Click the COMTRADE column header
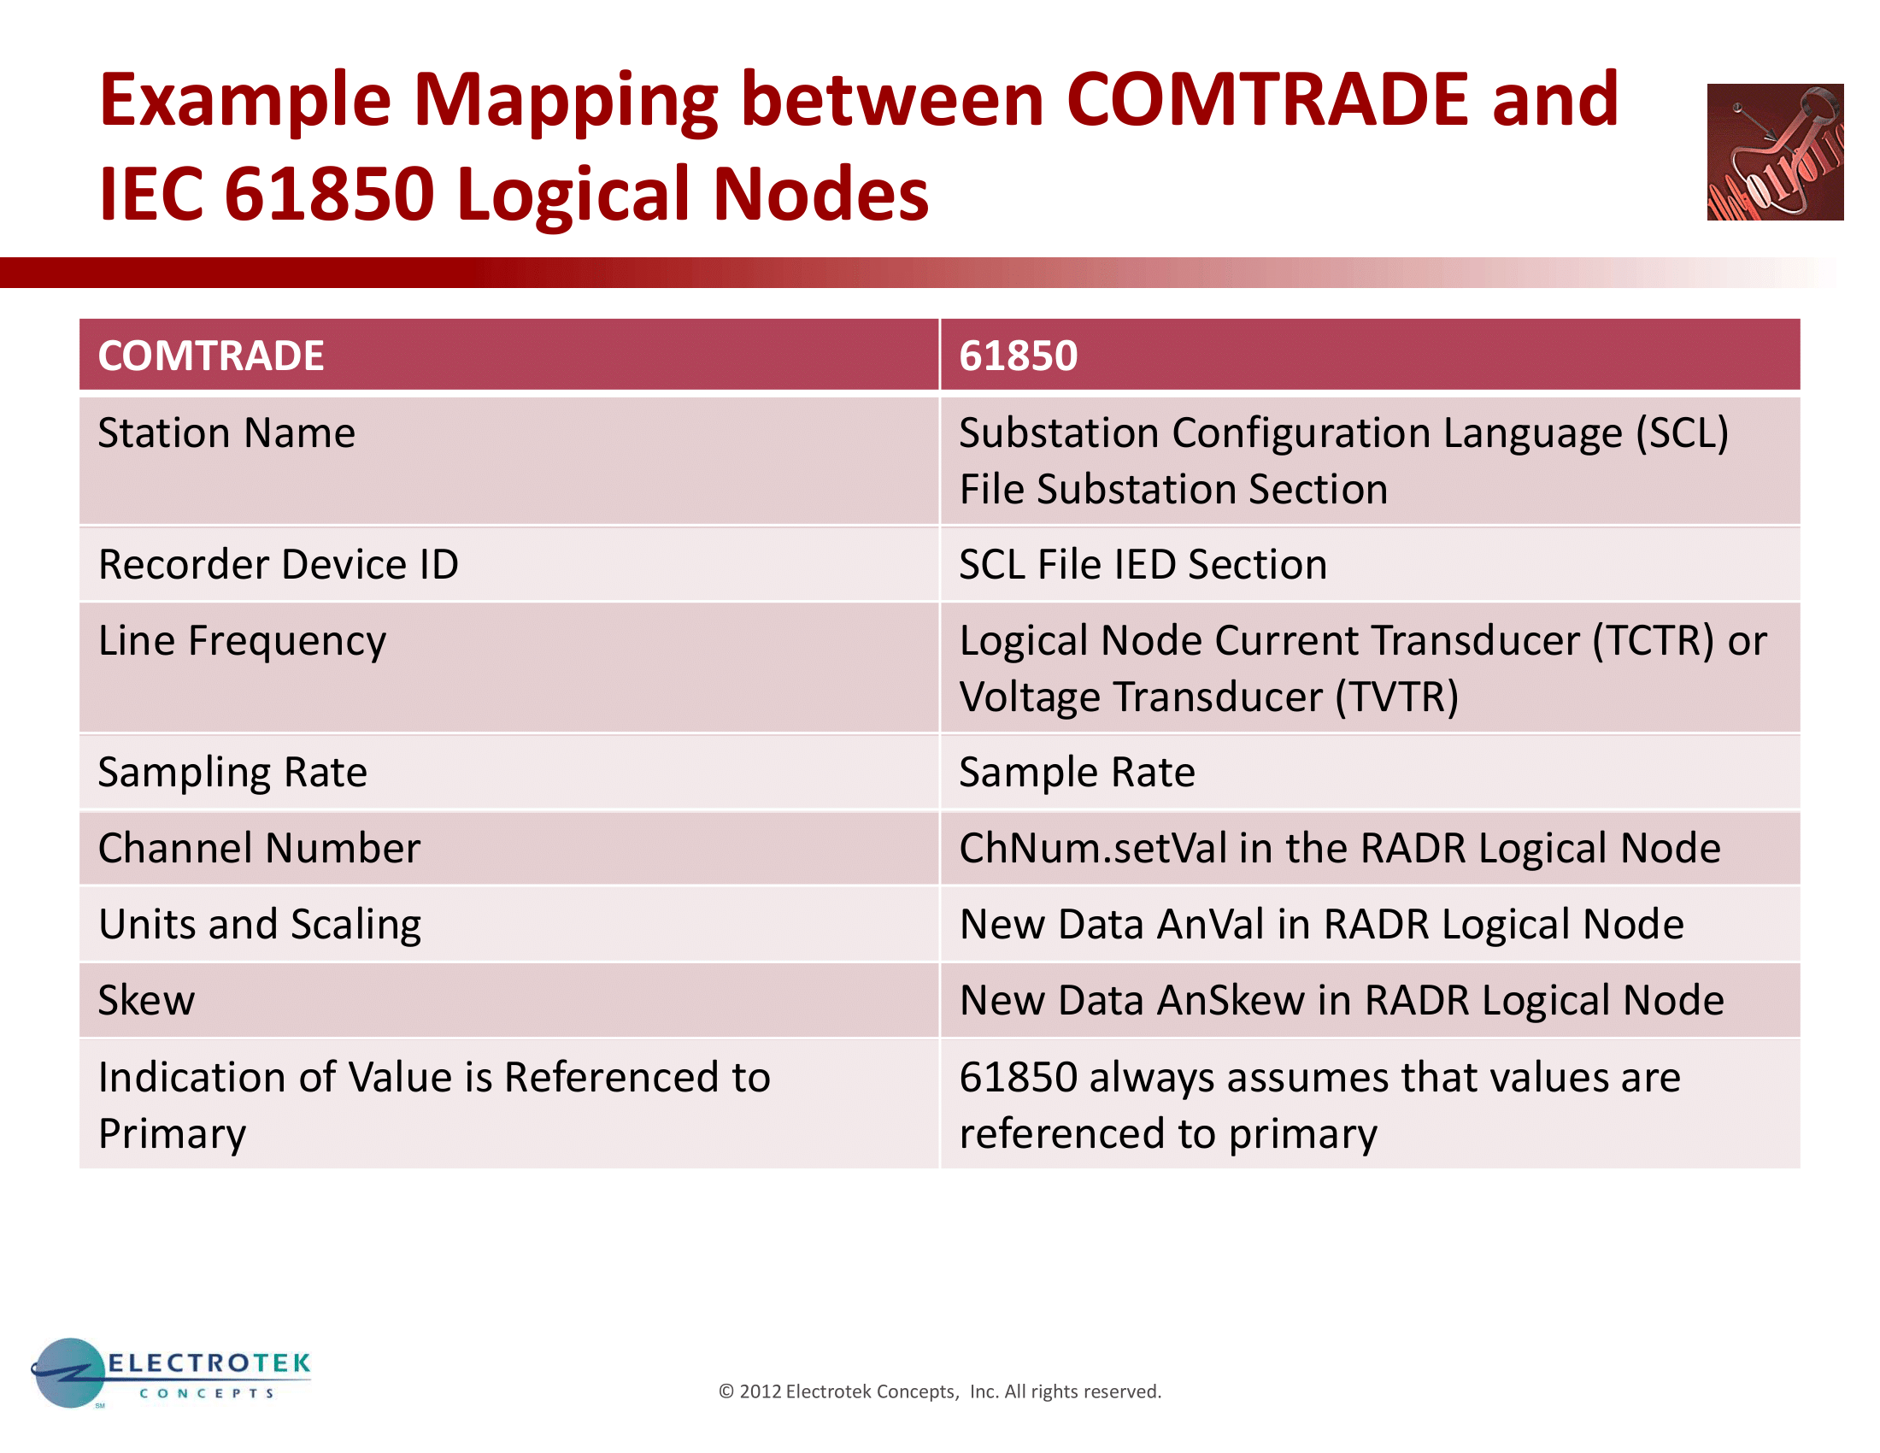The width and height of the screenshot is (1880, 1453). pyautogui.click(x=508, y=355)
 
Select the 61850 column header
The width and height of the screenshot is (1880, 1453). pyautogui.click(x=1371, y=355)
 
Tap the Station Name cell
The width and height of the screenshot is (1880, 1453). pyautogui.click(x=508, y=461)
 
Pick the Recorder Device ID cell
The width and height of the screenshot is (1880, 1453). pyautogui.click(x=508, y=565)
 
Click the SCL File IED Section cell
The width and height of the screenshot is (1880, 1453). pyautogui.click(x=1371, y=565)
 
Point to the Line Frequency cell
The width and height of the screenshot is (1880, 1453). pyautogui.click(x=508, y=668)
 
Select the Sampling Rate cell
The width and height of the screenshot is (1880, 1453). pyautogui.click(x=508, y=772)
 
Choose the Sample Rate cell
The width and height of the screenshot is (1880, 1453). pyautogui.click(x=1371, y=772)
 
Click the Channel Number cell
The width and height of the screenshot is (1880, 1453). pyautogui.click(x=508, y=848)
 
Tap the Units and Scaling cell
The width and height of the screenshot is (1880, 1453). pyautogui.click(x=508, y=925)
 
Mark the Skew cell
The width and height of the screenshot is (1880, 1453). pyautogui.click(x=508, y=1000)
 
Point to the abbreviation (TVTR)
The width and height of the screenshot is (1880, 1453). pyautogui.click(x=1397, y=697)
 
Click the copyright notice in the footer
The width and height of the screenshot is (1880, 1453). pyautogui.click(x=940, y=1391)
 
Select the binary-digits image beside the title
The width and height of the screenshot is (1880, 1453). pyautogui.click(x=1775, y=152)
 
